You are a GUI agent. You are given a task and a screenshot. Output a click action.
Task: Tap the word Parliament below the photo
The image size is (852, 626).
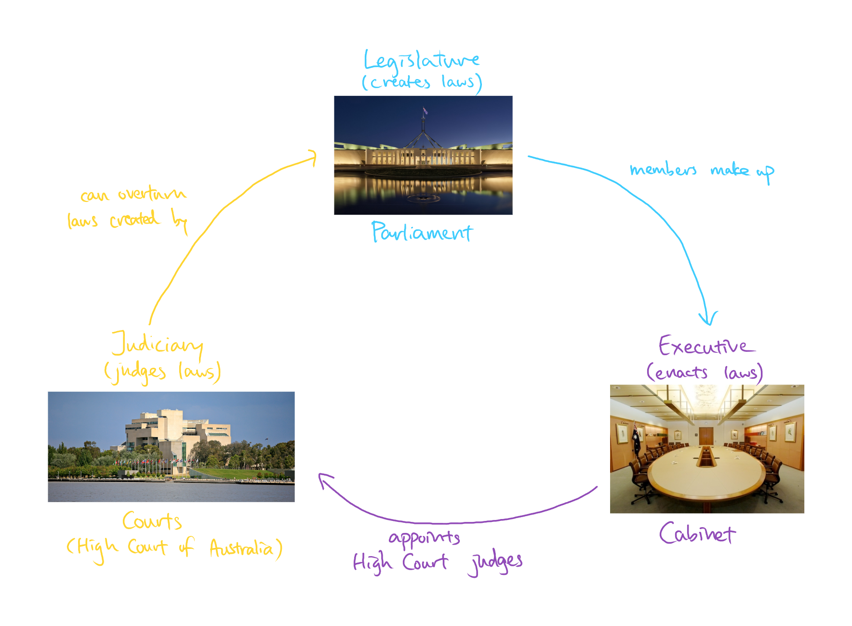click(x=422, y=232)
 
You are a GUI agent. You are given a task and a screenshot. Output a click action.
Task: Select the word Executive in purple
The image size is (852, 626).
click(x=706, y=346)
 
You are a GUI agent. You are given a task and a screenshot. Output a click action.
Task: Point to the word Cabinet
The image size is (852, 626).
click(x=697, y=533)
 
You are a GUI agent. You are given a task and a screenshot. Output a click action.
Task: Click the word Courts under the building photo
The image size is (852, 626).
click(x=152, y=521)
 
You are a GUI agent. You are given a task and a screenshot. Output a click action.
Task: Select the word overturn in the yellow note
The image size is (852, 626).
click(x=152, y=194)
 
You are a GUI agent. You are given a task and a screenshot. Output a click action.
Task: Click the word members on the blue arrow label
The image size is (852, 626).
click(x=663, y=170)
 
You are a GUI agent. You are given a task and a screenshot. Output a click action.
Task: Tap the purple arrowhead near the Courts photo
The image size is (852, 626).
click(x=325, y=480)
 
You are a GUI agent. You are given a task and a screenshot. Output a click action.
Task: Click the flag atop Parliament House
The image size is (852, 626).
click(x=425, y=111)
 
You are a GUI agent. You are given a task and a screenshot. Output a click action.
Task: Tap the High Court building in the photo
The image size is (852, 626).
click(x=176, y=436)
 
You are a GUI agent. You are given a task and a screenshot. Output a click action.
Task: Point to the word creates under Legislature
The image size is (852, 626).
click(x=399, y=82)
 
